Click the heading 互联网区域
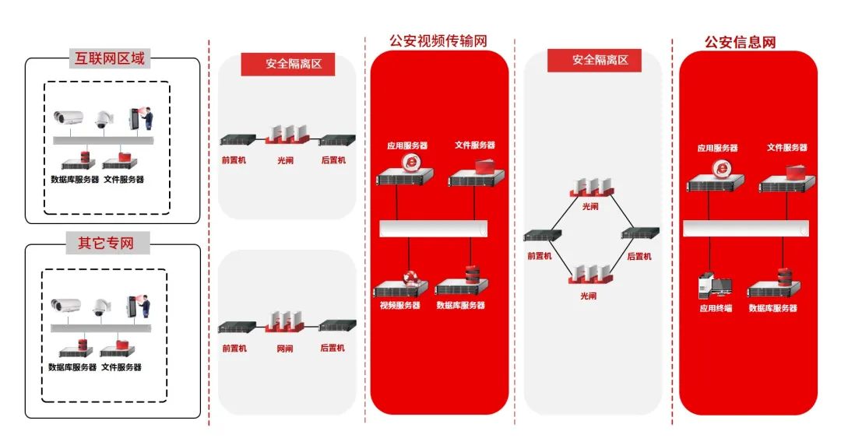coord(109,58)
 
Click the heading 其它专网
coord(105,243)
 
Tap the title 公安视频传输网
coord(438,41)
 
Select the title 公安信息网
coord(740,42)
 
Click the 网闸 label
coord(285,349)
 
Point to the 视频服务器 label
coord(400,306)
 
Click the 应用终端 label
coord(715,308)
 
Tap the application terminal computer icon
coord(714,286)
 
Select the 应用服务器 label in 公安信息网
coord(717,148)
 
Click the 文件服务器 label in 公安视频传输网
coord(475,145)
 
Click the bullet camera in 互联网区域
coord(69,118)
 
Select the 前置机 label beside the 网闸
coord(234,349)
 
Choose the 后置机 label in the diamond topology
coord(639,256)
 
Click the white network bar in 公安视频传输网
coord(433,228)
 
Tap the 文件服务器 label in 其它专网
coord(122,367)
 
